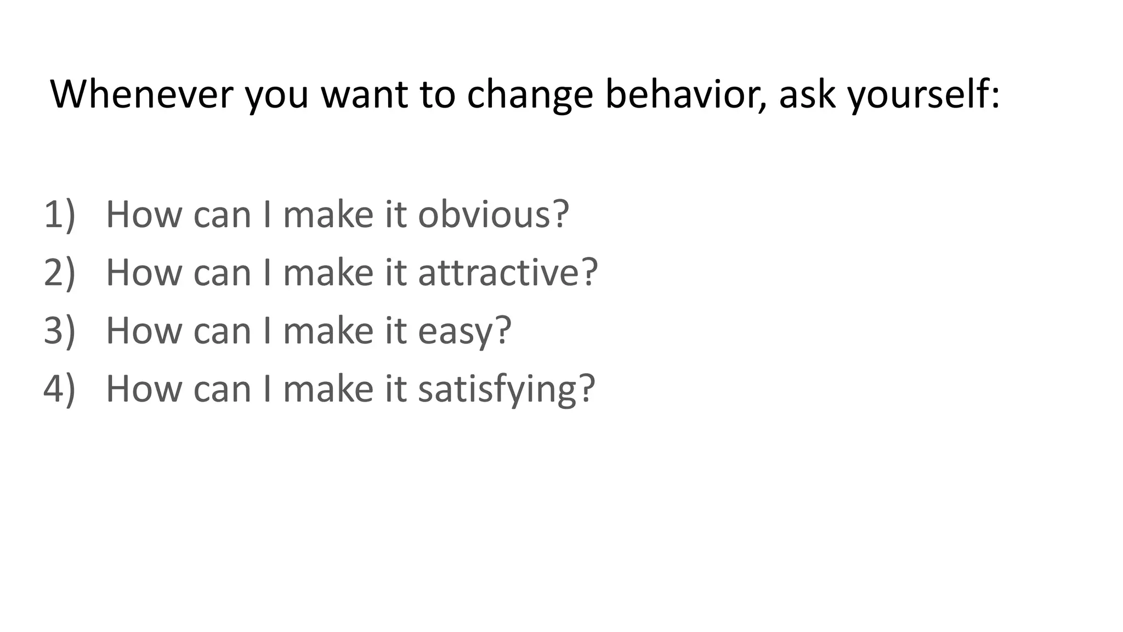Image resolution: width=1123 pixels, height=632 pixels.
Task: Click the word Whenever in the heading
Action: (x=141, y=94)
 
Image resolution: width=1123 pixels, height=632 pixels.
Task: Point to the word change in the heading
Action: (x=530, y=94)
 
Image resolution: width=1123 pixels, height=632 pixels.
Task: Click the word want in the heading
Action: (x=364, y=94)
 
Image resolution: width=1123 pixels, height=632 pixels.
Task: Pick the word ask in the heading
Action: (x=807, y=94)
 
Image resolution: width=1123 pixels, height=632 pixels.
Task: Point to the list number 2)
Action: (x=59, y=272)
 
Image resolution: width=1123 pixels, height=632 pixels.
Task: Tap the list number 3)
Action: (x=59, y=331)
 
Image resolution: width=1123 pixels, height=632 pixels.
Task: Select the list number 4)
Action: (x=59, y=388)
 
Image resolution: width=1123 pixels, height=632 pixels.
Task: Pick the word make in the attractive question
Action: (x=328, y=272)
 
